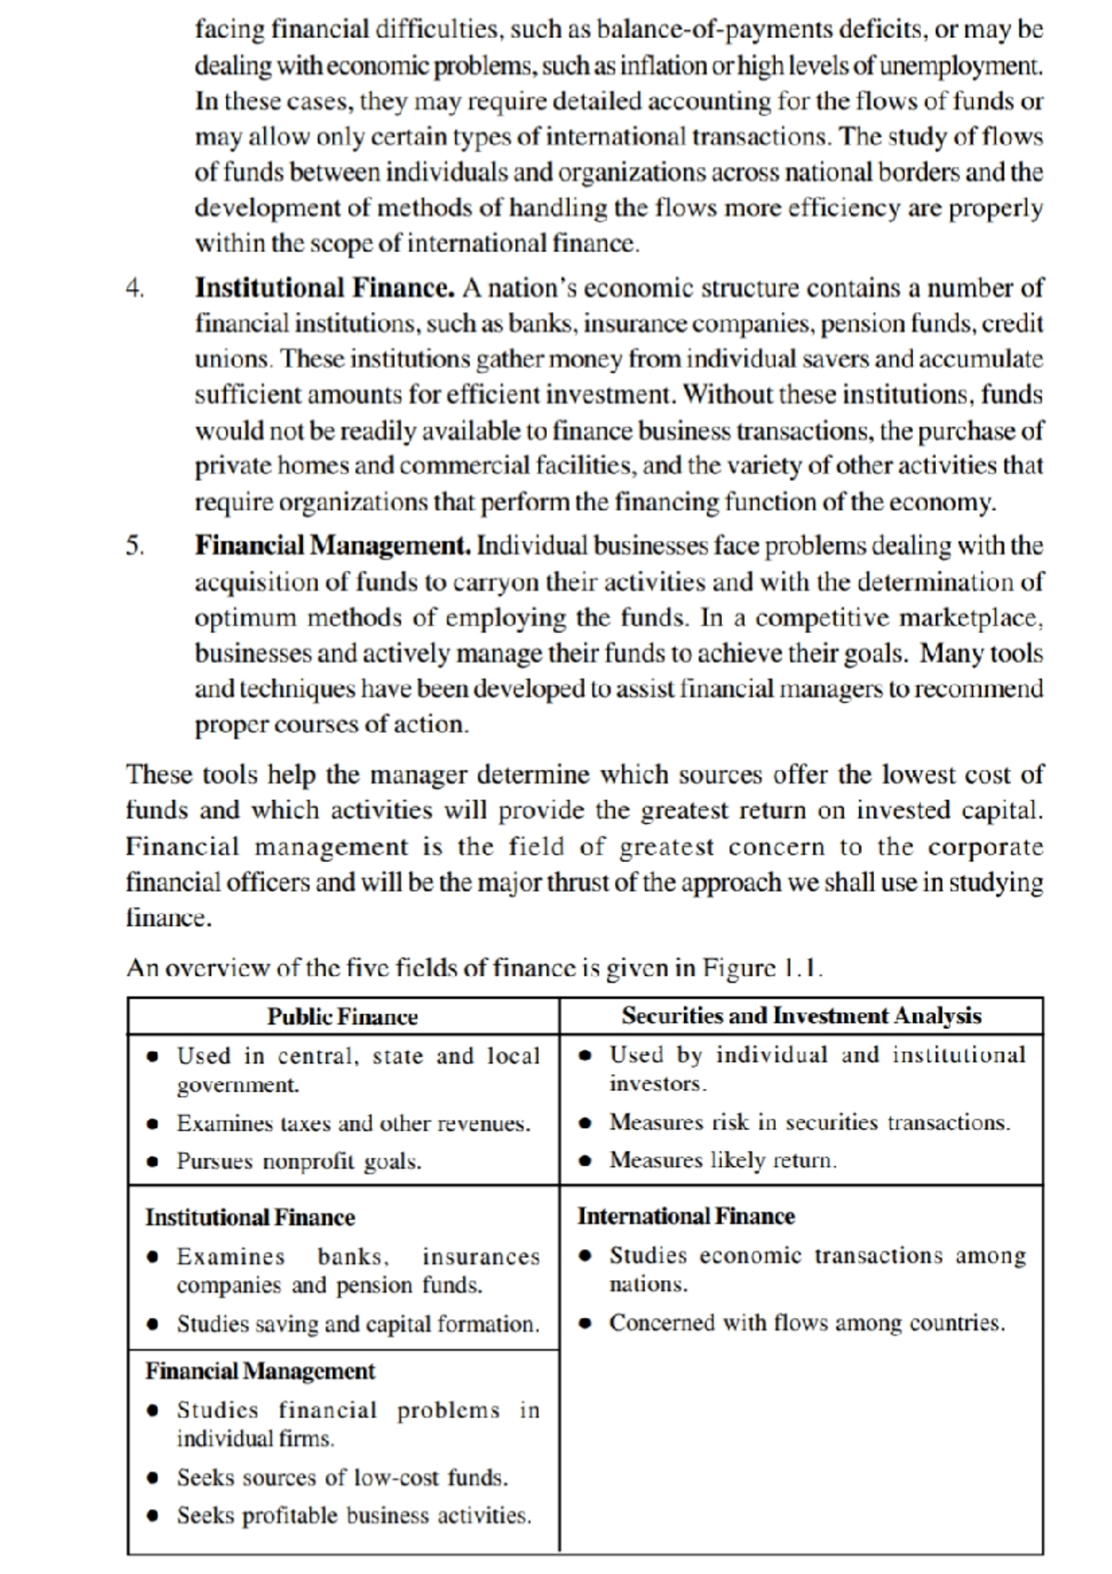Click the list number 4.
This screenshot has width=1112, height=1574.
coord(135,289)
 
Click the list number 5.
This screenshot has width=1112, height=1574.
coord(135,546)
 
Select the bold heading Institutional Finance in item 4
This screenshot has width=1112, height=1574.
coord(324,288)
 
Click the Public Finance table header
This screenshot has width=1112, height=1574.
coord(342,1017)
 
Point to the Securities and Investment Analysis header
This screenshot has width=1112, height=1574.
coord(801,1016)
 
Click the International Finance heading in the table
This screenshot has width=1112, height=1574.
coord(686,1216)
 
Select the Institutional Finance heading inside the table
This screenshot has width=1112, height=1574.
coord(250,1217)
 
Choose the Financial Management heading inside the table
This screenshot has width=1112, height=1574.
coord(260,1371)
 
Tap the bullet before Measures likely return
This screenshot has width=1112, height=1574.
coord(586,1161)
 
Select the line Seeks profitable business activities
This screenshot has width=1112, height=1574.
coord(354,1516)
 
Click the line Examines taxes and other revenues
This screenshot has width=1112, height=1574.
coord(353,1123)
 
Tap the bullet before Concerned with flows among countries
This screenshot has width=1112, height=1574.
coord(586,1323)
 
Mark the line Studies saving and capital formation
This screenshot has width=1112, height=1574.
coord(358,1324)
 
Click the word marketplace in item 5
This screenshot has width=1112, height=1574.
coord(971,618)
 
